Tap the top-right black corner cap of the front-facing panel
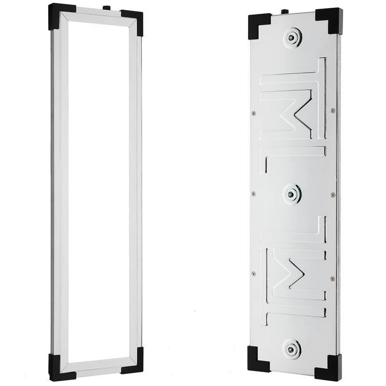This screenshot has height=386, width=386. [132, 22]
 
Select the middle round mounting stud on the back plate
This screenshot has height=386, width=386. [291, 194]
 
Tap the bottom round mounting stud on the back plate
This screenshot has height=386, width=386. [292, 348]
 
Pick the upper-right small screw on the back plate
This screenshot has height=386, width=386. [332, 110]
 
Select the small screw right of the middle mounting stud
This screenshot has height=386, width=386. [332, 194]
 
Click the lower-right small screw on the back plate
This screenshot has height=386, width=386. [332, 278]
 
